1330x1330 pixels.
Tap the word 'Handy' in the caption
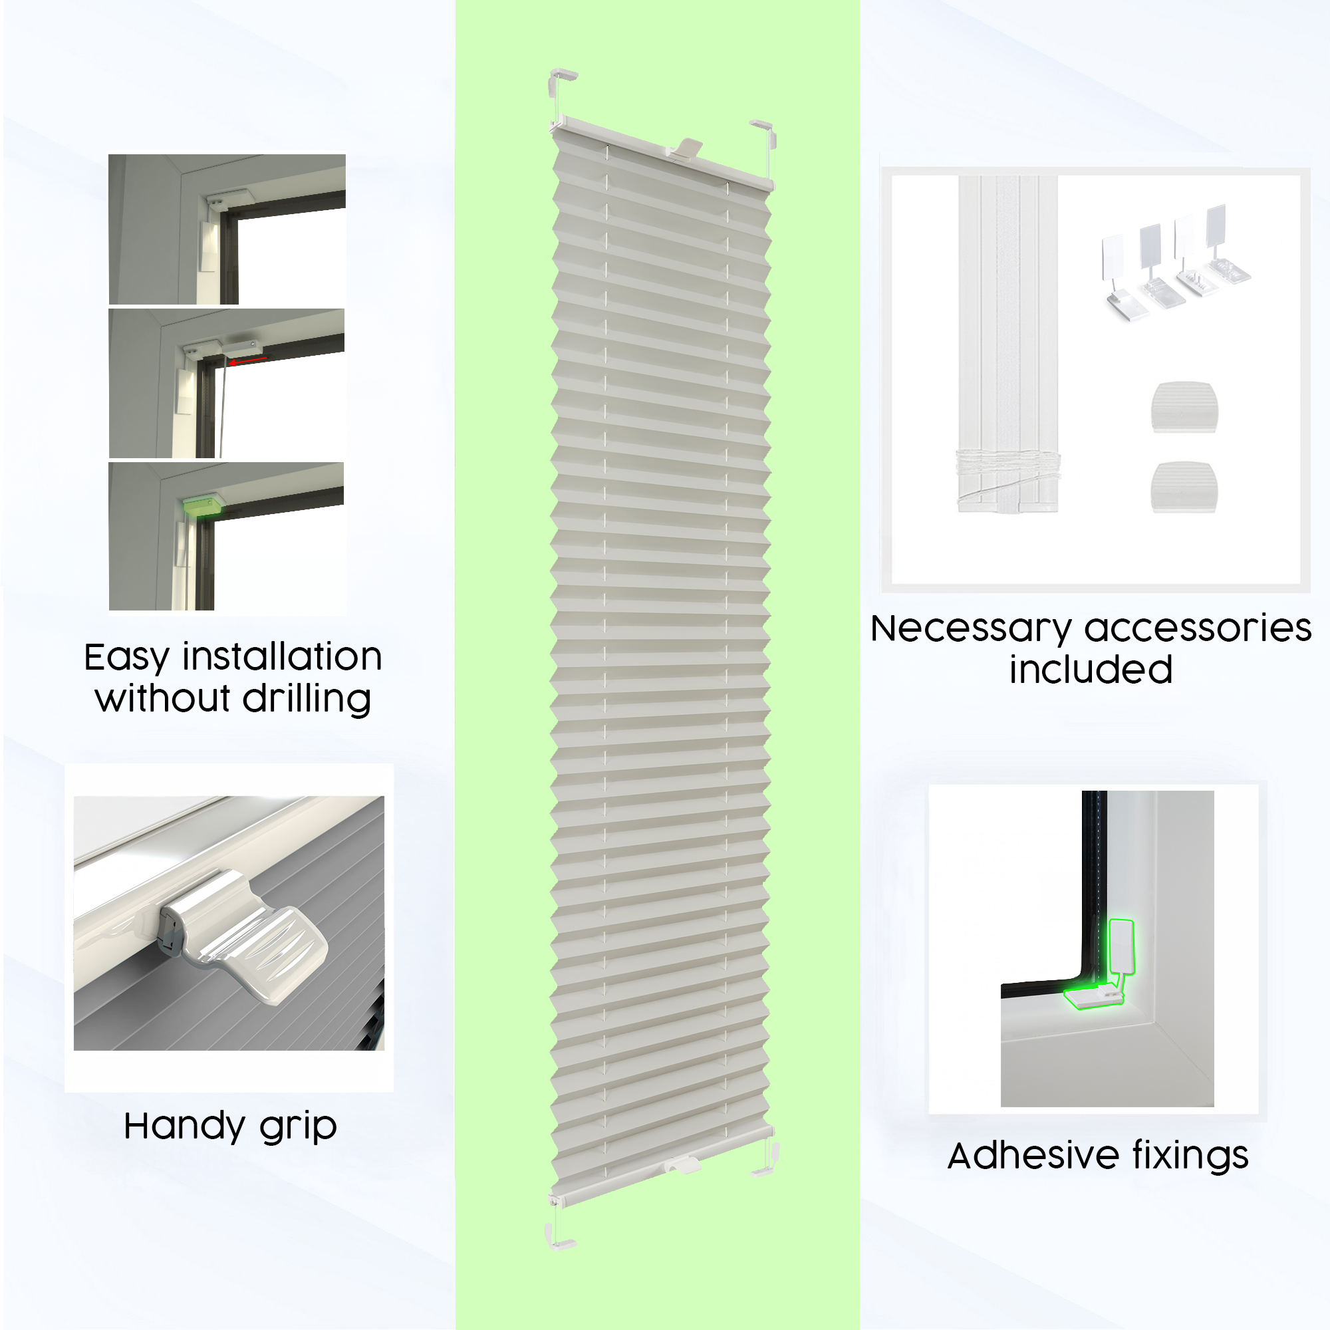(184, 1127)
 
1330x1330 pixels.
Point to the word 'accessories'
(1198, 628)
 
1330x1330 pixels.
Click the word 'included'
(1091, 670)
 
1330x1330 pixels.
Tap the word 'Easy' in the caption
(126, 658)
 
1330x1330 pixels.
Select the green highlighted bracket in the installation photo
(201, 506)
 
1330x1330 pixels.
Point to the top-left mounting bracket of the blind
(561, 86)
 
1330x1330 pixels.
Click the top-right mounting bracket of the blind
(764, 134)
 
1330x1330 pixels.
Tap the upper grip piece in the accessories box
(1184, 408)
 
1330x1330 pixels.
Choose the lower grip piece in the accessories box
(1184, 487)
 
